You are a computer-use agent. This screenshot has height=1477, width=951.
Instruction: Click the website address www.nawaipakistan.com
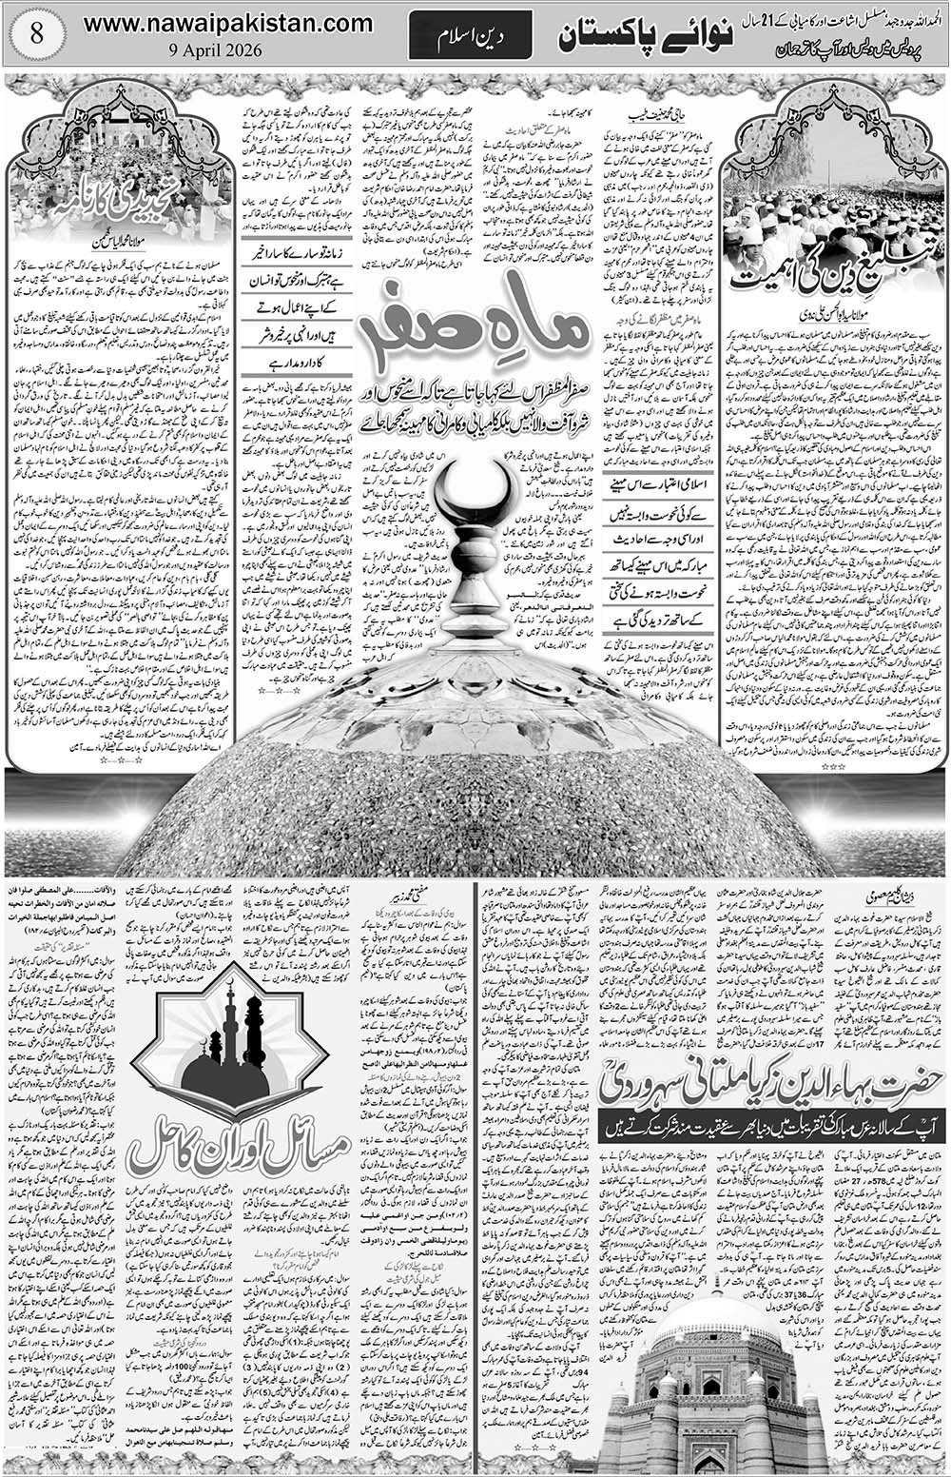click(x=227, y=22)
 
